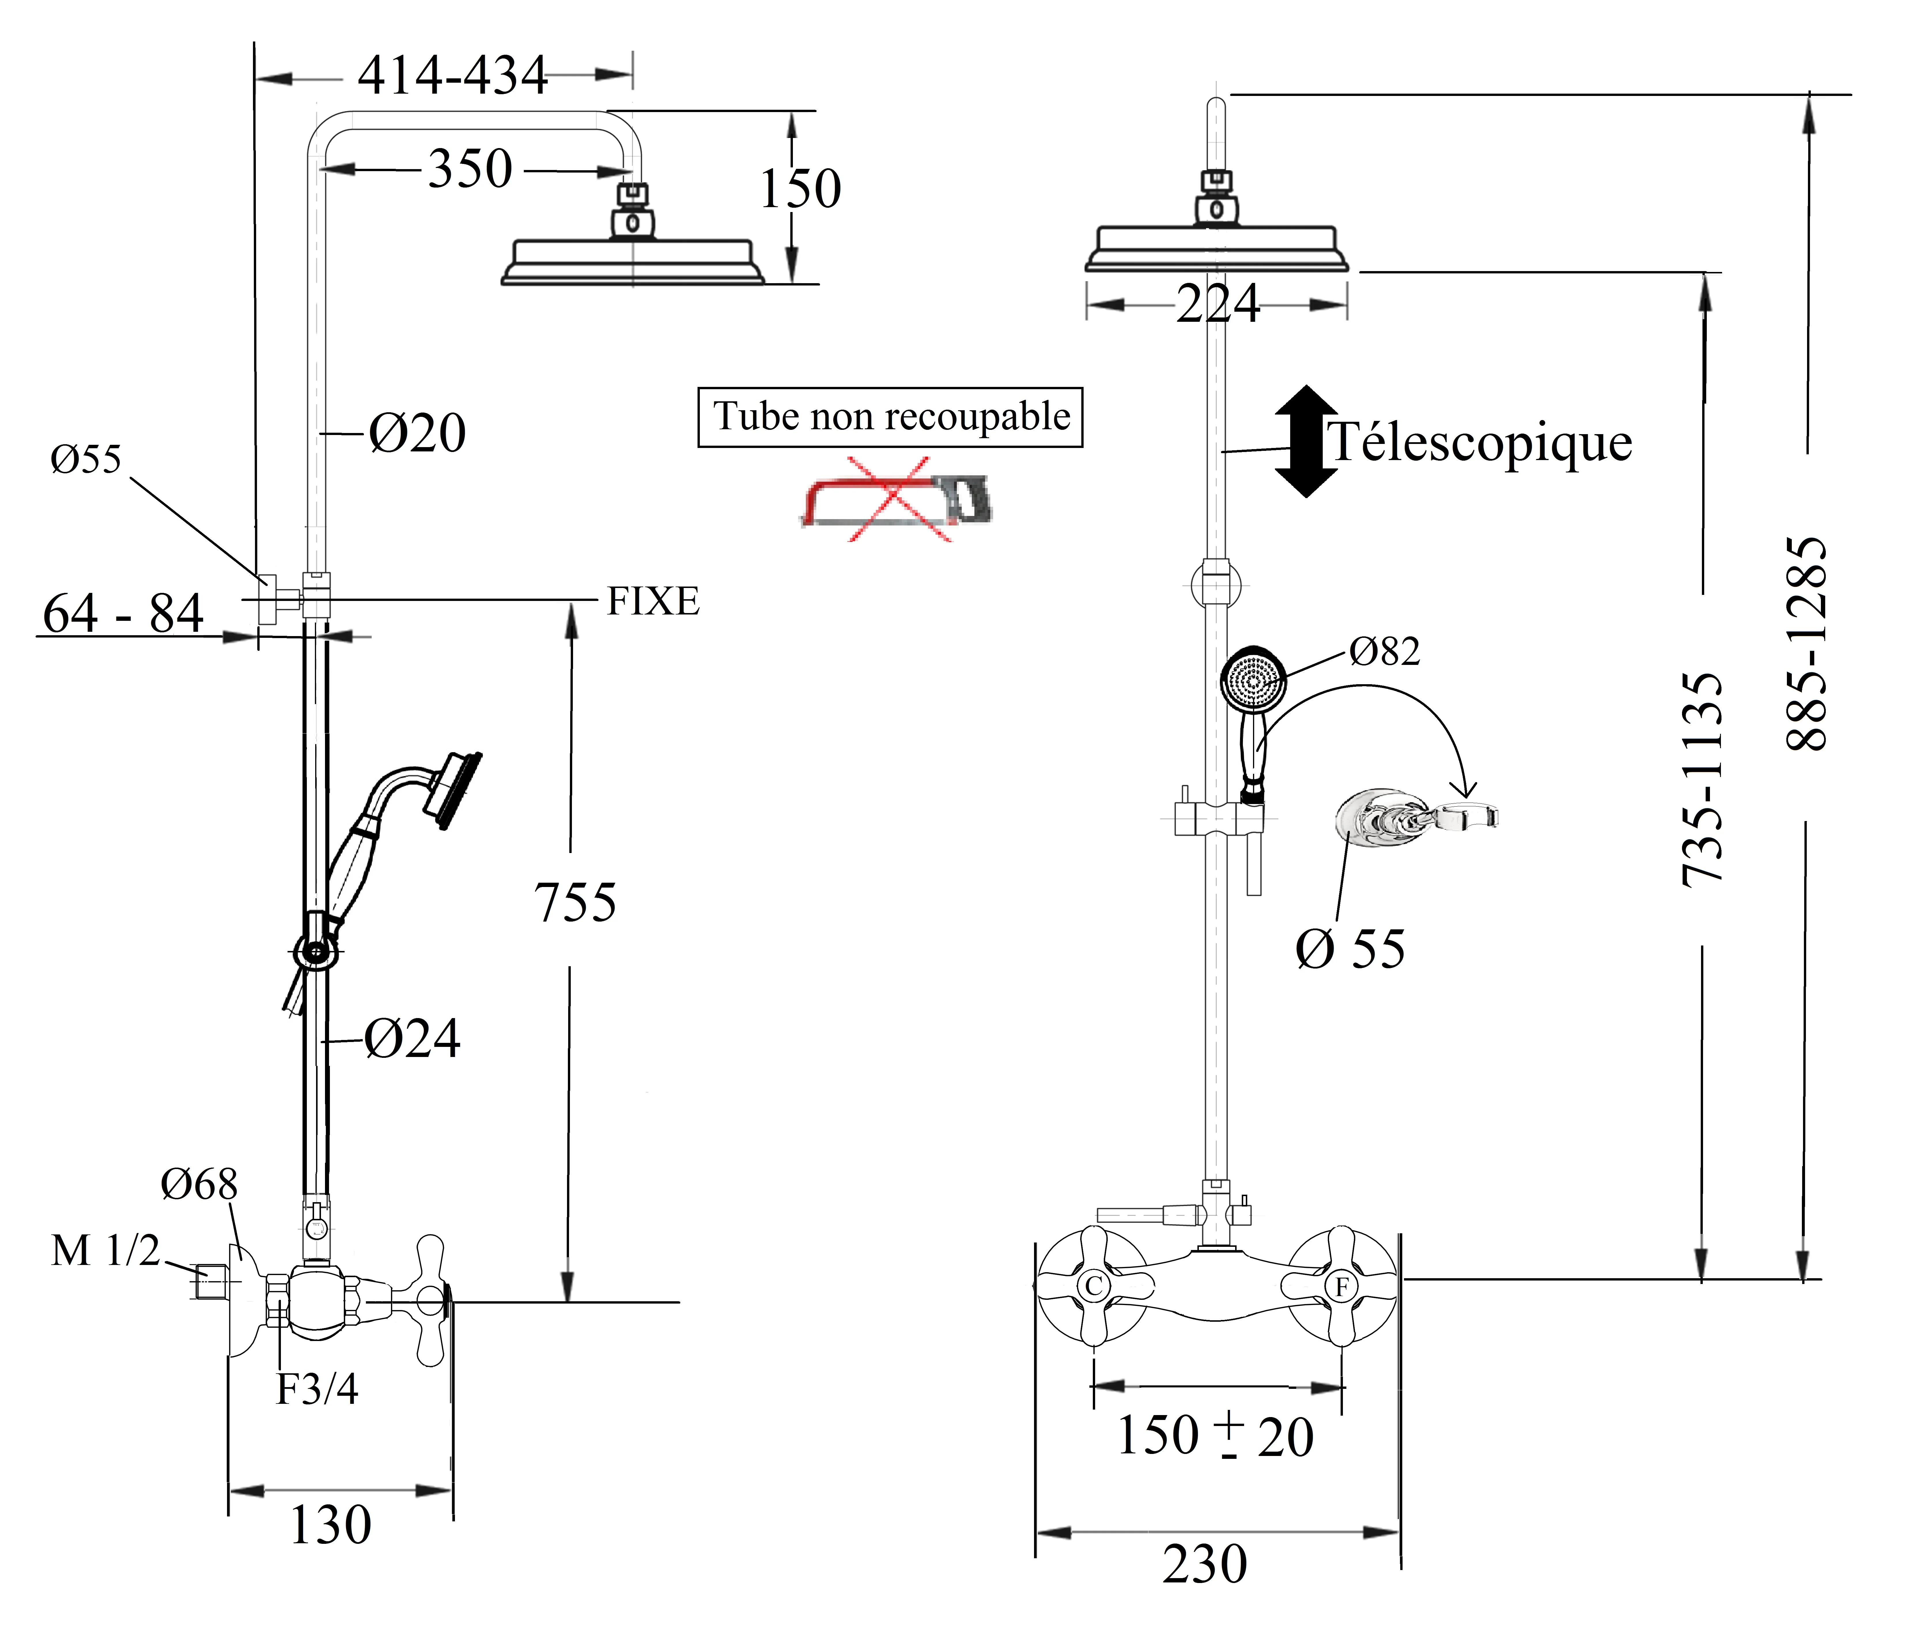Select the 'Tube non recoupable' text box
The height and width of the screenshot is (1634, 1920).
(890, 417)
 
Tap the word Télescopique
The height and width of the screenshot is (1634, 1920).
(1479, 442)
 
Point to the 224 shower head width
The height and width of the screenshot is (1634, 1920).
(1218, 304)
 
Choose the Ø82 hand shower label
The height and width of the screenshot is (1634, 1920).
(1384, 651)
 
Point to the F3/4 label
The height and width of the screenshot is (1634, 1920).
(317, 1389)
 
